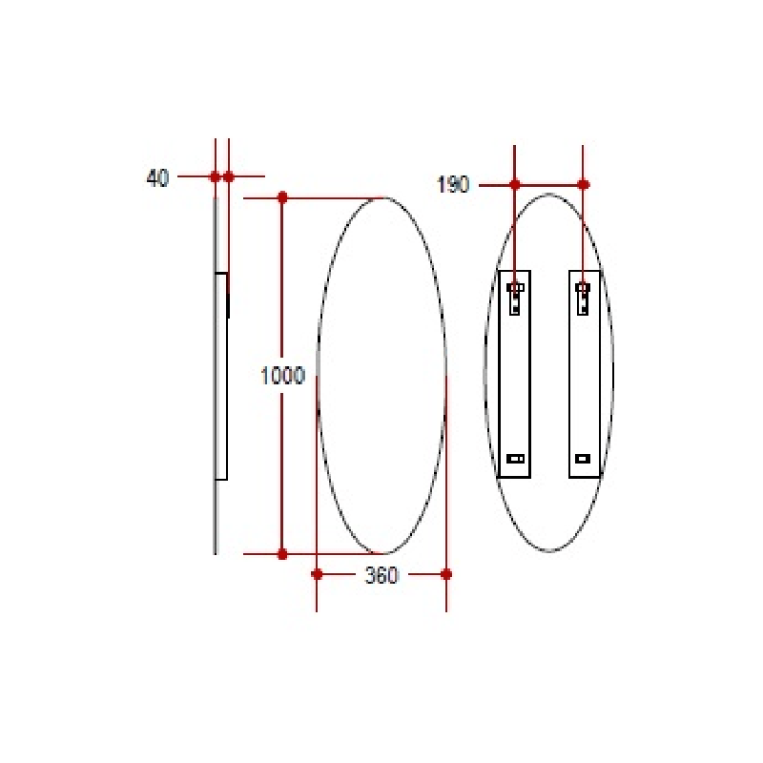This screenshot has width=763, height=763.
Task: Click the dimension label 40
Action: (x=157, y=177)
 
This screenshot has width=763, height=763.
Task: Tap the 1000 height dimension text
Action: (x=282, y=376)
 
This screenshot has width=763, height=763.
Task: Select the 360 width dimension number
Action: (x=381, y=575)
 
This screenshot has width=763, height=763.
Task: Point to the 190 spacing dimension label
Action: (x=453, y=185)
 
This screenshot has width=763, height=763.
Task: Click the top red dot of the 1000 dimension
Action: (x=282, y=197)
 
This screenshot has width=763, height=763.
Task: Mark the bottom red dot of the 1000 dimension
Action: (x=282, y=553)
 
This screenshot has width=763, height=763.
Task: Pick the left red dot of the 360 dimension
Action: (x=317, y=574)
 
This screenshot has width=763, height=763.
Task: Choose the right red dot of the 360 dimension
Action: (x=446, y=574)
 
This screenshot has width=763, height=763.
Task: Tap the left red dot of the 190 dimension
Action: (x=515, y=184)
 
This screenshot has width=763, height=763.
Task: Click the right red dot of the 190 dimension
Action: (x=584, y=184)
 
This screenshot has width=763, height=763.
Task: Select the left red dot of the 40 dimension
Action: (x=215, y=176)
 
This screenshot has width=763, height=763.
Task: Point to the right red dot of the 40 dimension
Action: (x=229, y=176)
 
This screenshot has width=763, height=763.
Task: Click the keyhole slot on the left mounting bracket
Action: (x=515, y=297)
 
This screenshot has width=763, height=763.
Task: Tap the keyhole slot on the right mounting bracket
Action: (x=583, y=297)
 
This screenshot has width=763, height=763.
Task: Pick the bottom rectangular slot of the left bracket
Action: (x=515, y=459)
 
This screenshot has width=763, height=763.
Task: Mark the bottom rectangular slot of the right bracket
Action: (x=583, y=459)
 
